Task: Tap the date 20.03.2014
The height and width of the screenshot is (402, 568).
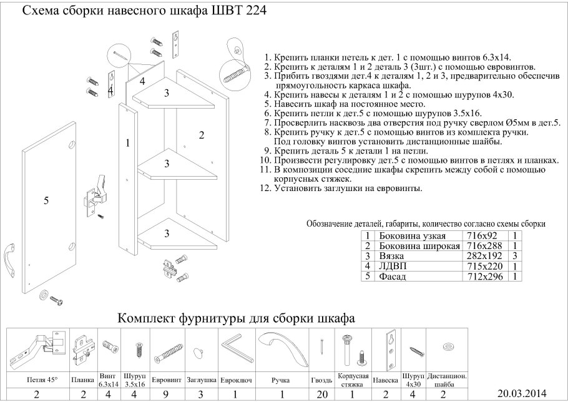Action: coord(522,393)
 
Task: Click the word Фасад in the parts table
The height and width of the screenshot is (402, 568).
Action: coord(393,276)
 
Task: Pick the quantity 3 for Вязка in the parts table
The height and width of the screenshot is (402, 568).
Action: coord(516,256)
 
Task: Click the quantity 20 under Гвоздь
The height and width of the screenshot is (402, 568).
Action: coord(321,395)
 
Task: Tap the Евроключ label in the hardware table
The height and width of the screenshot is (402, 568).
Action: coord(235,380)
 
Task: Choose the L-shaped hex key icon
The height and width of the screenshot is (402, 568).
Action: coord(235,350)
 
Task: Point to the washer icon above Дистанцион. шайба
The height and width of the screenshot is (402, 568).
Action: coord(447,346)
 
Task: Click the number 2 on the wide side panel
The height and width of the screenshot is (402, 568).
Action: coord(202,134)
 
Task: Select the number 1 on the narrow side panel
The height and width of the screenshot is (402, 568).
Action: coord(127,143)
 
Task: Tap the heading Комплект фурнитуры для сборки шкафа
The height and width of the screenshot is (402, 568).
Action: coord(237,318)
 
